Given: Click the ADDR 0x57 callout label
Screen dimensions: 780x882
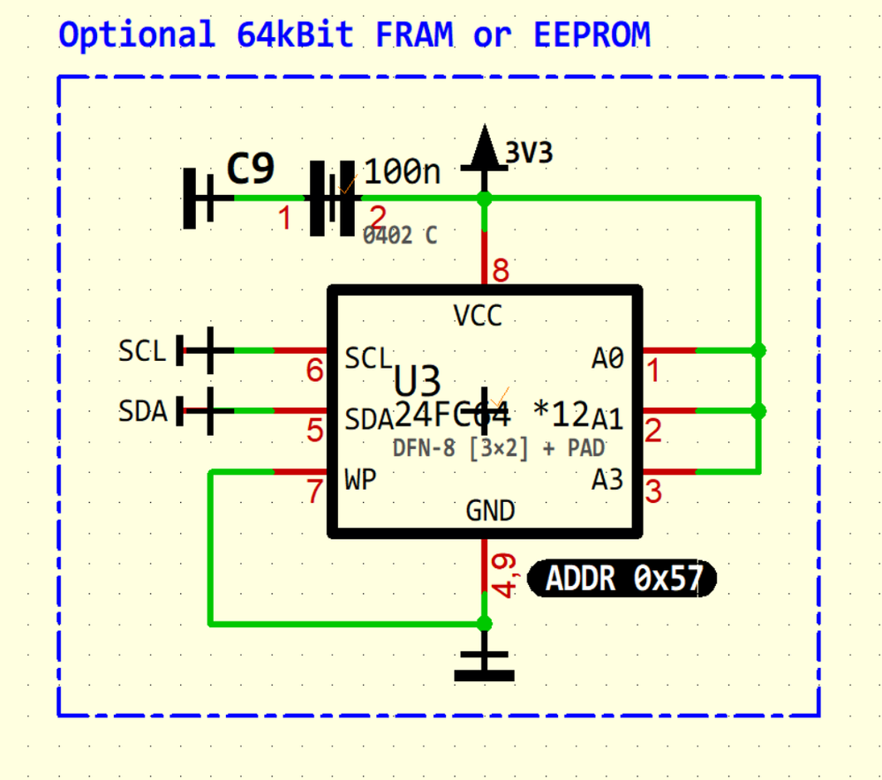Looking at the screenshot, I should click(x=622, y=579).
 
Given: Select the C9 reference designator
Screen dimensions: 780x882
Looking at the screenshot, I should click(x=251, y=169).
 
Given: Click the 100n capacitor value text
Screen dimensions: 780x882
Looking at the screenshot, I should click(x=402, y=171).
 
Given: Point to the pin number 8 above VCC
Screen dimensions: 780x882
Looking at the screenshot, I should click(x=501, y=270).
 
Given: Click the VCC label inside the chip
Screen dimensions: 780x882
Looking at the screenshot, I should click(x=478, y=315).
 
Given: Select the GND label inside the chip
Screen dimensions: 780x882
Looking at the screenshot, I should click(x=490, y=511).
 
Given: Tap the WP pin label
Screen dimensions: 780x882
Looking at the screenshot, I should click(x=359, y=480).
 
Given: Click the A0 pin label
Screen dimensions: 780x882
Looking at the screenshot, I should click(x=607, y=358).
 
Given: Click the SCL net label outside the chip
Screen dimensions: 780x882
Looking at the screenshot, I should click(x=142, y=351).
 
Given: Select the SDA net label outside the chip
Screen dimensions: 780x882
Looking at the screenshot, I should click(x=143, y=411).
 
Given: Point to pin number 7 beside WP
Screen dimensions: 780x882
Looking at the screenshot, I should click(x=314, y=491).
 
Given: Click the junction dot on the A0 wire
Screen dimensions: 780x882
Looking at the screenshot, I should click(x=758, y=350).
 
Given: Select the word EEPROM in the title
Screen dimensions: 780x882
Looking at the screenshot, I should click(x=592, y=34).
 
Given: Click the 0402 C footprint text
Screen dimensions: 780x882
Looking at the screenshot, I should click(x=400, y=236).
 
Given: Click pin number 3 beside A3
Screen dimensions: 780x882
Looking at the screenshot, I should click(x=652, y=491).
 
